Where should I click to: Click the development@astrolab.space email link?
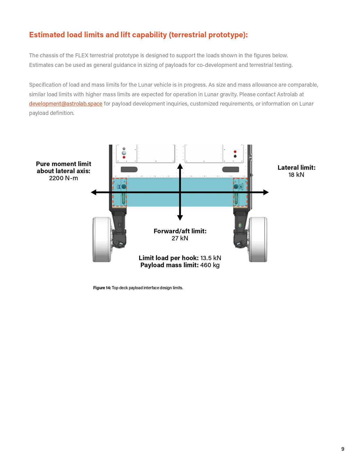[65, 104]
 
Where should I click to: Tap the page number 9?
[343, 449]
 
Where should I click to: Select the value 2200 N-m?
[63, 178]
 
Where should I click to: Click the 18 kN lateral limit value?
[296, 175]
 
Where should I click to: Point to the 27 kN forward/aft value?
[180, 238]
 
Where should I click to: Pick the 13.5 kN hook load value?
[211, 258]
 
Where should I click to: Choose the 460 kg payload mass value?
[210, 265]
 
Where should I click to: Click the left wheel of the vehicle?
[102, 239]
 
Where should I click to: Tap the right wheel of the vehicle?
[258, 239]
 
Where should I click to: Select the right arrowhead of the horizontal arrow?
[266, 192]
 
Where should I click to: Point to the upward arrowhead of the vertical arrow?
[180, 167]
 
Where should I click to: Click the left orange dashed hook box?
[119, 192]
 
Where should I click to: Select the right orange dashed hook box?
[240, 192]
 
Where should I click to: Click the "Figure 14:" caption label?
[102, 288]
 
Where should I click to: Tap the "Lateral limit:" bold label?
[296, 168]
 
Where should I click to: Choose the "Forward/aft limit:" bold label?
[180, 231]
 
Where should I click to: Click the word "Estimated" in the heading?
[47, 35]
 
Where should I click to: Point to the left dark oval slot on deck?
[129, 170]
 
